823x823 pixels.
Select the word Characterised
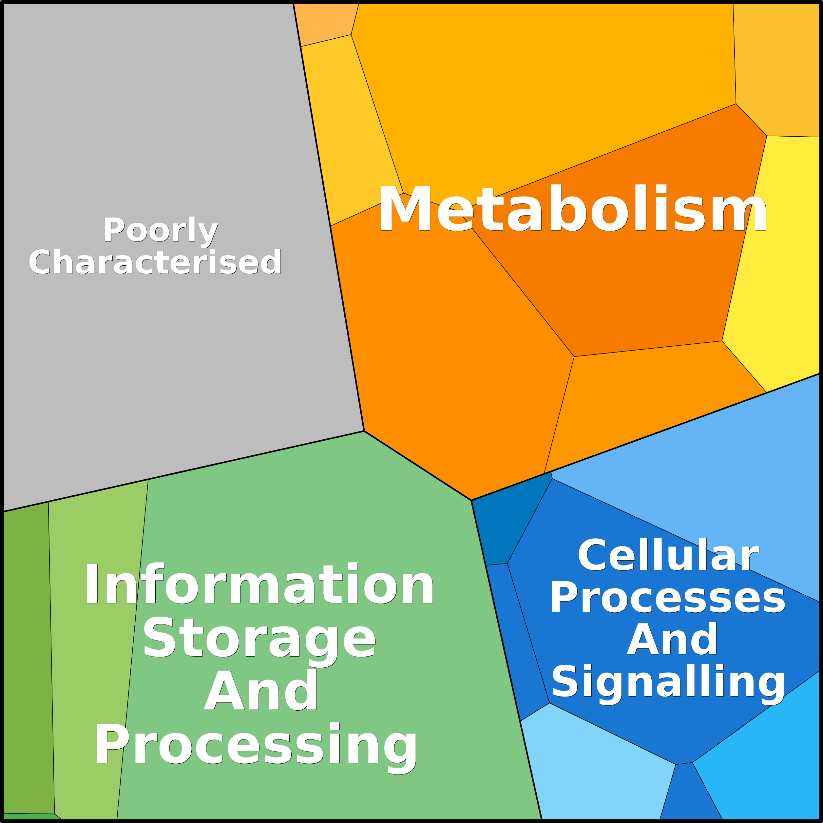(155, 262)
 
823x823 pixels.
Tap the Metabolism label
(572, 209)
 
